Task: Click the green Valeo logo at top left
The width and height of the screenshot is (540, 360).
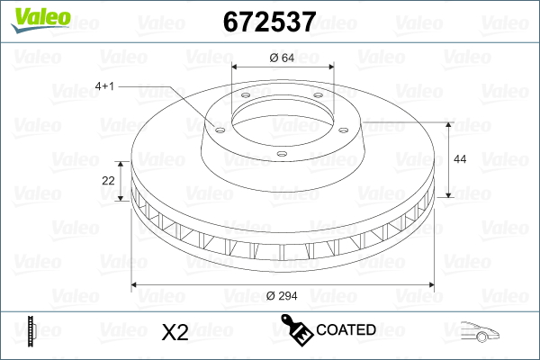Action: (41, 20)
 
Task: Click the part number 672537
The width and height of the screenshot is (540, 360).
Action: (269, 22)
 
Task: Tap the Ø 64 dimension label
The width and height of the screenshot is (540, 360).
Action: (282, 58)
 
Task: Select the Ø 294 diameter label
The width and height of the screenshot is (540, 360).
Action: (282, 296)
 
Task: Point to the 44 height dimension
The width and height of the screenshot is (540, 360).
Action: (460, 159)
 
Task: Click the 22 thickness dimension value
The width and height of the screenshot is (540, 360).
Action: (109, 181)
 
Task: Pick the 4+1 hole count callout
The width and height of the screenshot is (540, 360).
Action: (104, 86)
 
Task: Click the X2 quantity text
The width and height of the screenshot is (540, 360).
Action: (175, 332)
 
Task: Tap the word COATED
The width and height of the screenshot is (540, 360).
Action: (346, 329)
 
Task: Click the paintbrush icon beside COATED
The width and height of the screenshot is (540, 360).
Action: (297, 329)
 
